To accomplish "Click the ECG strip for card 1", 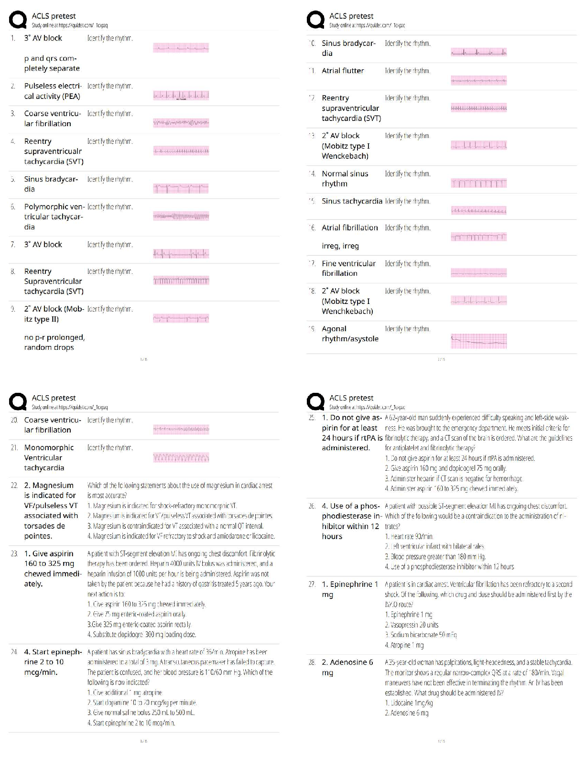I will coord(181,48).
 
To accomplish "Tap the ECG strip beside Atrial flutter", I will coord(478,80).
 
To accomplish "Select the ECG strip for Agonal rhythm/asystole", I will coord(478,341).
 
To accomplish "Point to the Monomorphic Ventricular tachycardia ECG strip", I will coord(181,458).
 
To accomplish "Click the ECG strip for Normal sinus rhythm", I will coord(478,183).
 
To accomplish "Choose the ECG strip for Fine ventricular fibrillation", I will coord(478,273).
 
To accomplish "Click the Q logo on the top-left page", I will coord(18,20).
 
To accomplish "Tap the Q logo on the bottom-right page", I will coord(315,402).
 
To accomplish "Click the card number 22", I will coord(14,486).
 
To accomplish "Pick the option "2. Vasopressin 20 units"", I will coord(412,625).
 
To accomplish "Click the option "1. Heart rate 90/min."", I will coord(409,536).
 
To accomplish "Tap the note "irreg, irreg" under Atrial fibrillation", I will coord(340,246).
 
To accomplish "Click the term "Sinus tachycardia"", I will coord(352,201).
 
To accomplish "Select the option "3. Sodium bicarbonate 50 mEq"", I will coord(421,635).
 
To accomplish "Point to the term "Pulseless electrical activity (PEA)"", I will coord(52,91).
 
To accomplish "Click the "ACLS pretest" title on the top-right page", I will coord(351,16).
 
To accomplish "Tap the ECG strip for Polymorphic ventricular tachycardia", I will coord(181,216).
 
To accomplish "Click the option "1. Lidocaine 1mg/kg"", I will coord(409,703).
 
